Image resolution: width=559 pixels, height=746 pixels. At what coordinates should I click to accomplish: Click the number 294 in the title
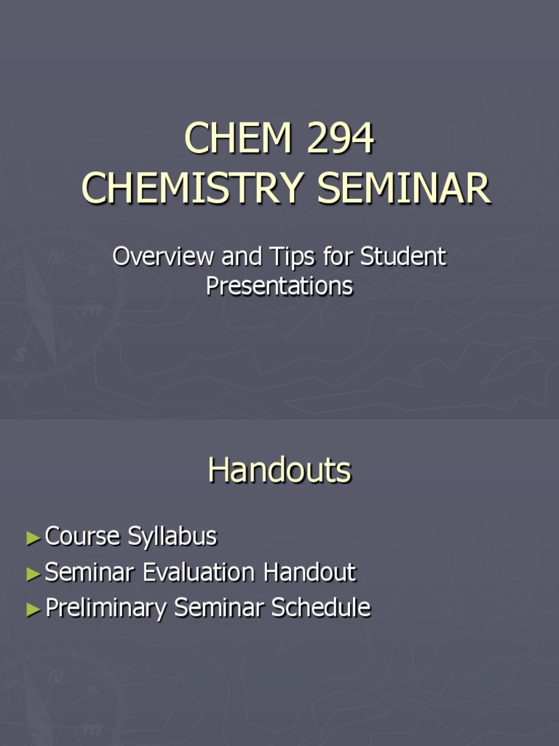pos(340,138)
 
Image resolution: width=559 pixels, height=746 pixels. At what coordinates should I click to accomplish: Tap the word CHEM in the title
pos(238,138)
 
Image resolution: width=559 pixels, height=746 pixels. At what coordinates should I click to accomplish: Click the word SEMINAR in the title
pos(404,188)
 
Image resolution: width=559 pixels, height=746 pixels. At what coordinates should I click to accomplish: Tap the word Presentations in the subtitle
pos(279,286)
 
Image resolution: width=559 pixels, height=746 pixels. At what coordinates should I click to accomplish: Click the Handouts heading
pos(279,471)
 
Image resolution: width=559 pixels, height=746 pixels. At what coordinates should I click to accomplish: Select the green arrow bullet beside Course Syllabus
pos(33,538)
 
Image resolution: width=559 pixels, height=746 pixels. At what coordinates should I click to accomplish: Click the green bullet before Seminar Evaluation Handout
pos(33,574)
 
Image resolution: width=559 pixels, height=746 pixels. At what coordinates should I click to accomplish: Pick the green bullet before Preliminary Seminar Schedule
pos(33,610)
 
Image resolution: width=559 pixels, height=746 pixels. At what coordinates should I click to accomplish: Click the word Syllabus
pos(173,537)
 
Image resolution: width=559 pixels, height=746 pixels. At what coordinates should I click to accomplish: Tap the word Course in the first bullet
pos(82,537)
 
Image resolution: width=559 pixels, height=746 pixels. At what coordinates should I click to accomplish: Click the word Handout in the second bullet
pos(310,572)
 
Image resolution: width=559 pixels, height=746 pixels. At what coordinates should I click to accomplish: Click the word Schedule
pos(321,608)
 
